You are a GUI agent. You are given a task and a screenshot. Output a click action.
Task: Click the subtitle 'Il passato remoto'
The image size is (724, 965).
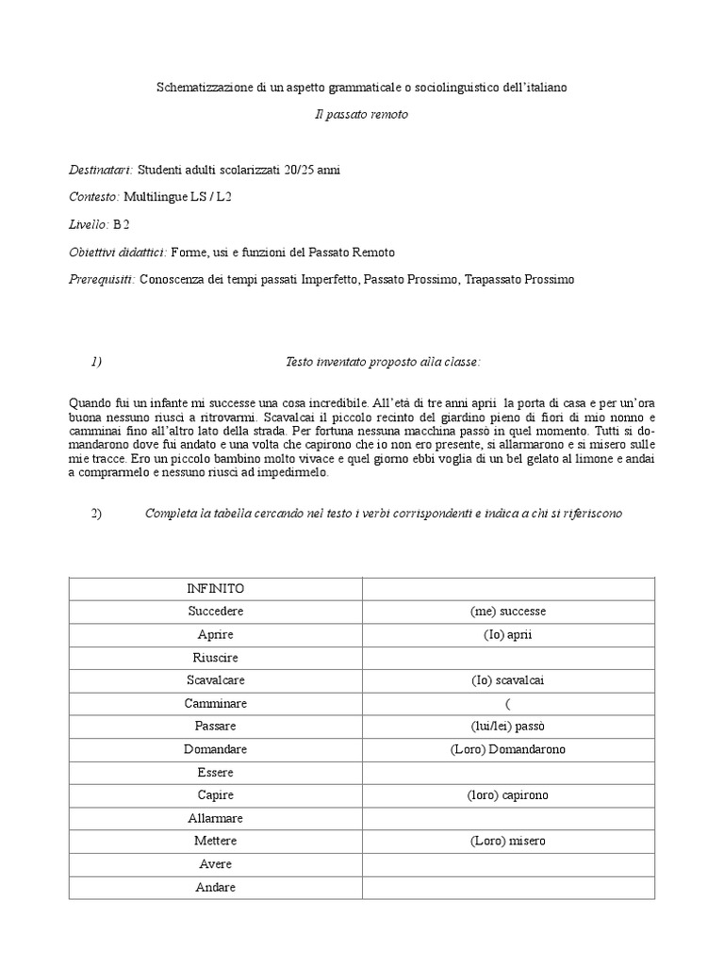click(361, 114)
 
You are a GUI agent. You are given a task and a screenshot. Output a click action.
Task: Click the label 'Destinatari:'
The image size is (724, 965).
click(101, 171)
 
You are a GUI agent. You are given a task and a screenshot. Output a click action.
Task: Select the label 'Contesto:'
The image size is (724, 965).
click(94, 197)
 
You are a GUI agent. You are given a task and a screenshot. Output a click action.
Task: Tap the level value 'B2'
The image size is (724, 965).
click(122, 224)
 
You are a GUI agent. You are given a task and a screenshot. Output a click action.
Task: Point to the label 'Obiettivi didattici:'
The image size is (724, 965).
click(118, 253)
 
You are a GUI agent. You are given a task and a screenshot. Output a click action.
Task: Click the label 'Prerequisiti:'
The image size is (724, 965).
click(103, 280)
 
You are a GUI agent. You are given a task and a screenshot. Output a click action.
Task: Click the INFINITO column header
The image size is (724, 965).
click(216, 589)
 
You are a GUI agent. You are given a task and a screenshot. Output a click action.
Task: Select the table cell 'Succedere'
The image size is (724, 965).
click(216, 612)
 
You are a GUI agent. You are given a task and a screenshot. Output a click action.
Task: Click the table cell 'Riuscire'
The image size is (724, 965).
click(216, 658)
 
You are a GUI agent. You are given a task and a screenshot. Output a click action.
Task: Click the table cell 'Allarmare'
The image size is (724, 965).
click(216, 818)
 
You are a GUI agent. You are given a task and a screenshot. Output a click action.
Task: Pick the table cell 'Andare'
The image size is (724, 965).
click(216, 888)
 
